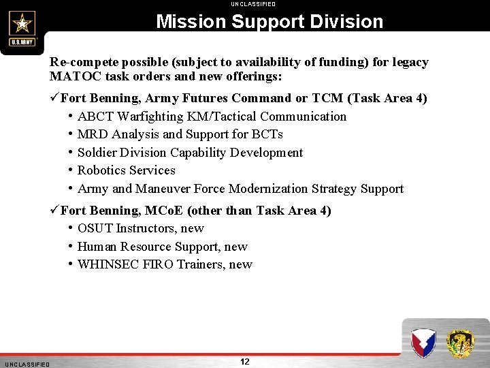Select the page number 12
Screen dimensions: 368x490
pos(245,361)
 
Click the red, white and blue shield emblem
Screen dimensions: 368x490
pos(423,343)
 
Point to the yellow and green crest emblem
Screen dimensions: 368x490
pos(461,343)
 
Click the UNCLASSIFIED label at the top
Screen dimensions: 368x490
pos(253,4)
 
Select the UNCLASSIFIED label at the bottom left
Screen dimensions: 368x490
pos(27,365)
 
